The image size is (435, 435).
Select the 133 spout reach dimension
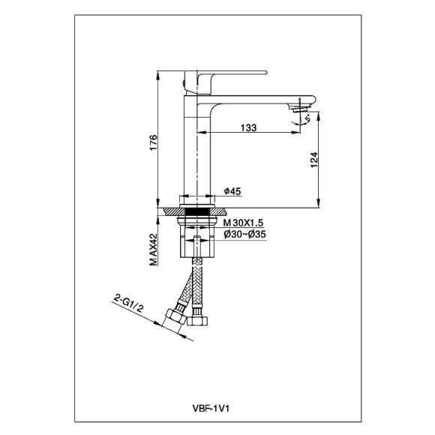249,128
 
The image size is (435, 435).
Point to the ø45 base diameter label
232,192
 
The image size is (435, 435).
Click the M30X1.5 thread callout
242,223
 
